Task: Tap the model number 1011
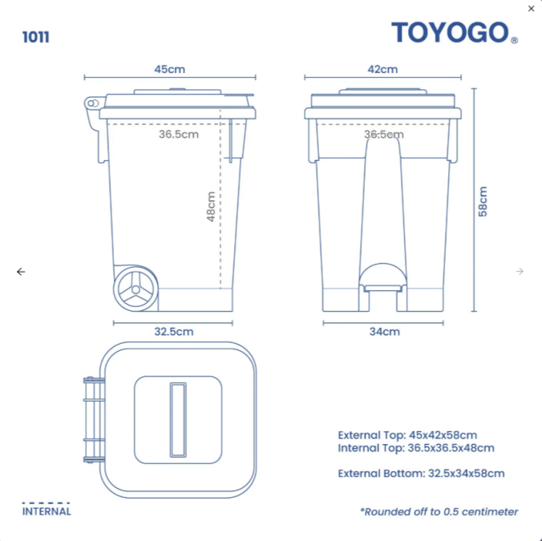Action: pos(36,37)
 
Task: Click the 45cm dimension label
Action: pos(169,69)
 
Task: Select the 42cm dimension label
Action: pos(382,69)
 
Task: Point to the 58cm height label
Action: pos(483,200)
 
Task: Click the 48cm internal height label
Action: pos(211,206)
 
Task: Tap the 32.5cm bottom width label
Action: pos(173,331)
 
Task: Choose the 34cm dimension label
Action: pos(384,331)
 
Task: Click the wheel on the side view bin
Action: pos(135,289)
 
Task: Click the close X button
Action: pos(531,9)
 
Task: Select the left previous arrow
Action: pos(21,272)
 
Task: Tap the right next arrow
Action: pos(520,272)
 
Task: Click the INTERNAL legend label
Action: pos(47,511)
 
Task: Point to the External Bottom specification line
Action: pos(421,473)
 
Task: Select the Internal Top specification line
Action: pos(415,448)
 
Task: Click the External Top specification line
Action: pos(407,435)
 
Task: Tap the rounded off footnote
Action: pos(439,511)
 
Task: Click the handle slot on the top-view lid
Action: pos(177,420)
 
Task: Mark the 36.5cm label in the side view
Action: pos(178,134)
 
